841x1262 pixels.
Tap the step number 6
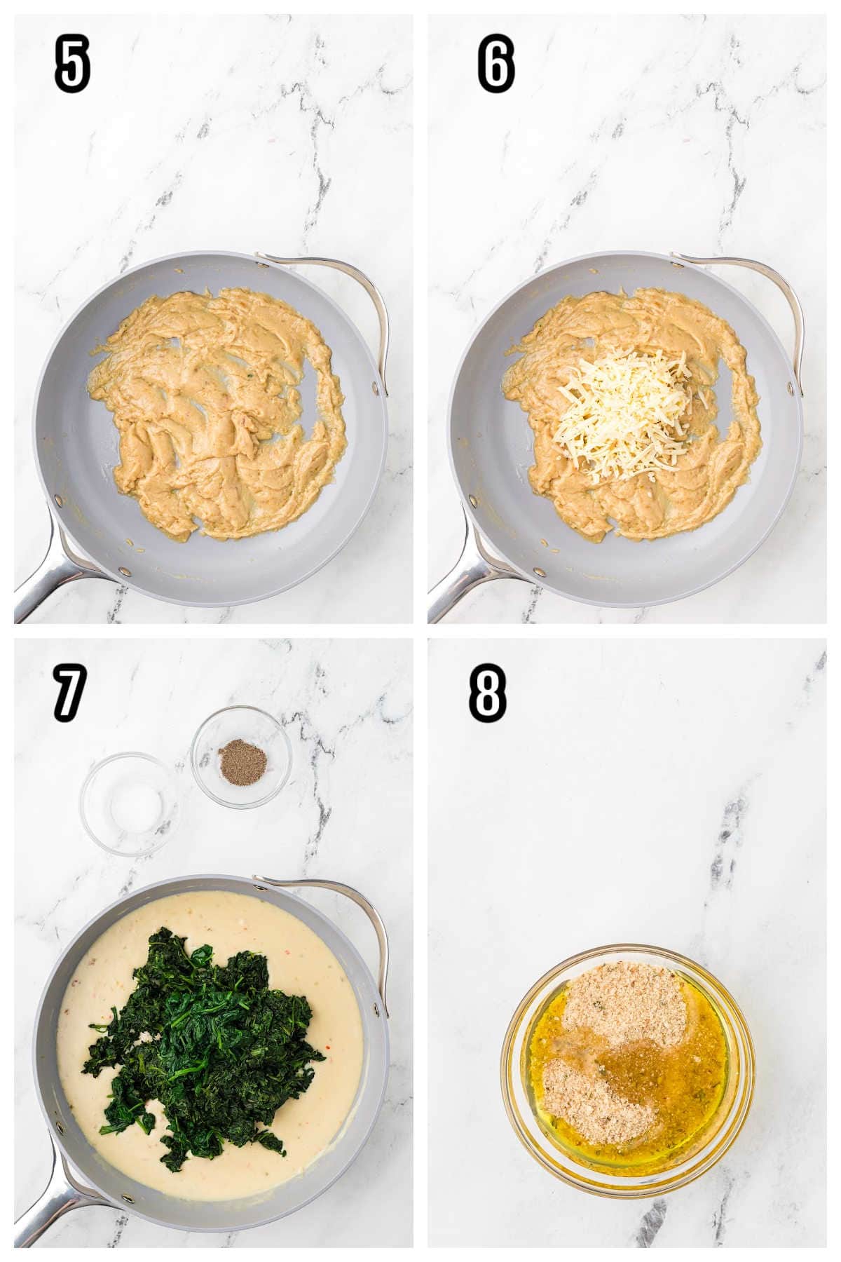[496, 65]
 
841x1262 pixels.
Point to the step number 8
[487, 693]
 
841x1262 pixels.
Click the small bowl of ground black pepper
[241, 754]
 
